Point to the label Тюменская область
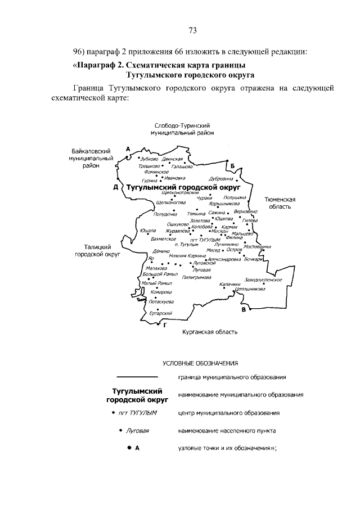click(281, 203)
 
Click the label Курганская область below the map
click(210, 332)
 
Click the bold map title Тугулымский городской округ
click(183, 186)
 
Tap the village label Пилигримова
click(196, 278)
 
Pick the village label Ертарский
click(161, 313)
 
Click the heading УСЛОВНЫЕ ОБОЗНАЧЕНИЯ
click(201, 363)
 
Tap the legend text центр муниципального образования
click(228, 413)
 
